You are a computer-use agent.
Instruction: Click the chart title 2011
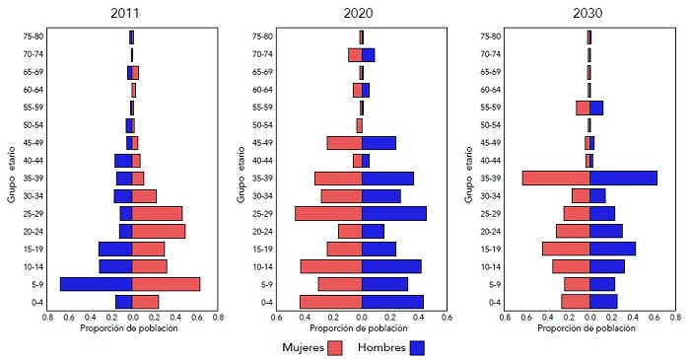point(131,14)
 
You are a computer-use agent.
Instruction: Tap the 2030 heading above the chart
point(588,14)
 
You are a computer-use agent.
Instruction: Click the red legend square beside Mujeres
point(335,347)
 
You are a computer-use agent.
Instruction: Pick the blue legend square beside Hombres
point(417,347)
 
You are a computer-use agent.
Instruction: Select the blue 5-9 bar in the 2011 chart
point(96,284)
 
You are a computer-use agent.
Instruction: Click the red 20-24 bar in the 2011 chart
point(158,231)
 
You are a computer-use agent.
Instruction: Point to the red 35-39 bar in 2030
point(556,178)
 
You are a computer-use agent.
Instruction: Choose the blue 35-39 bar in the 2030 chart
point(623,178)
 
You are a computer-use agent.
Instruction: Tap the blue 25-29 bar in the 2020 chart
point(394,213)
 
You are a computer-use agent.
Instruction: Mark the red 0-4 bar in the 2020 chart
point(330,302)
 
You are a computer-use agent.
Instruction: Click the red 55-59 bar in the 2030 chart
point(583,108)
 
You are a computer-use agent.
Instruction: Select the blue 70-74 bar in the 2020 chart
point(368,55)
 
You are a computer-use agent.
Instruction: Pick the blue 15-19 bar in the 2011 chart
point(114,249)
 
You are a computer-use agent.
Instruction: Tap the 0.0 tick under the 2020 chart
point(362,318)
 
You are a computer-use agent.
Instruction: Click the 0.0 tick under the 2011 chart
point(132,318)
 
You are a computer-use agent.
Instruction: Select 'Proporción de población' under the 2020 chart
point(361,328)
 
